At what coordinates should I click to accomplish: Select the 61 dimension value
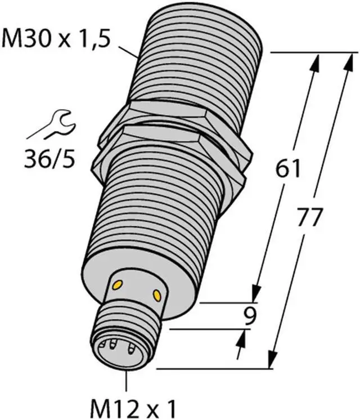click(x=288, y=169)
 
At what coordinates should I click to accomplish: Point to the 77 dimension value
click(x=309, y=217)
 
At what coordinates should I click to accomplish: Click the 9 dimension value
click(x=250, y=316)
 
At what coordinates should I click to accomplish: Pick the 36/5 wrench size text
click(x=50, y=159)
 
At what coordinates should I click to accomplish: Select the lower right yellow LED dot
click(x=156, y=295)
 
